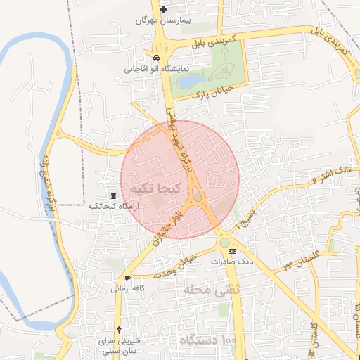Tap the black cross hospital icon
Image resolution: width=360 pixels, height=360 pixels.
[163, 10]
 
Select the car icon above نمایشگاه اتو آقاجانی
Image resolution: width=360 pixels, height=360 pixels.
[155, 58]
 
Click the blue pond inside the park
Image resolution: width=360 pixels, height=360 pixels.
[190, 82]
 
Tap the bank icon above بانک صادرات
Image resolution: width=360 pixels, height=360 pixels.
[232, 251]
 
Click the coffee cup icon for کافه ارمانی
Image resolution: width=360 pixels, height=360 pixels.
[127, 278]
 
